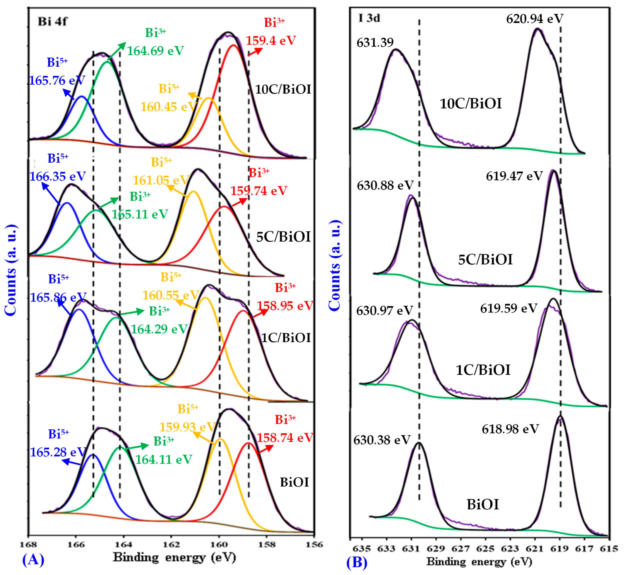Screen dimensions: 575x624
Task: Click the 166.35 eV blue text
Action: tap(58, 176)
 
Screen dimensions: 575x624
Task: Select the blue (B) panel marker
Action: tap(357, 562)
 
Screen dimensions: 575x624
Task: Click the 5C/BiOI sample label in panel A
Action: tap(283, 237)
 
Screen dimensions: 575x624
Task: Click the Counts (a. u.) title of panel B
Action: tap(335, 266)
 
